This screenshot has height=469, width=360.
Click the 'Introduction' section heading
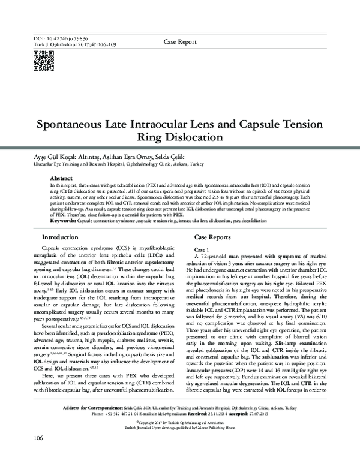[58, 237]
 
